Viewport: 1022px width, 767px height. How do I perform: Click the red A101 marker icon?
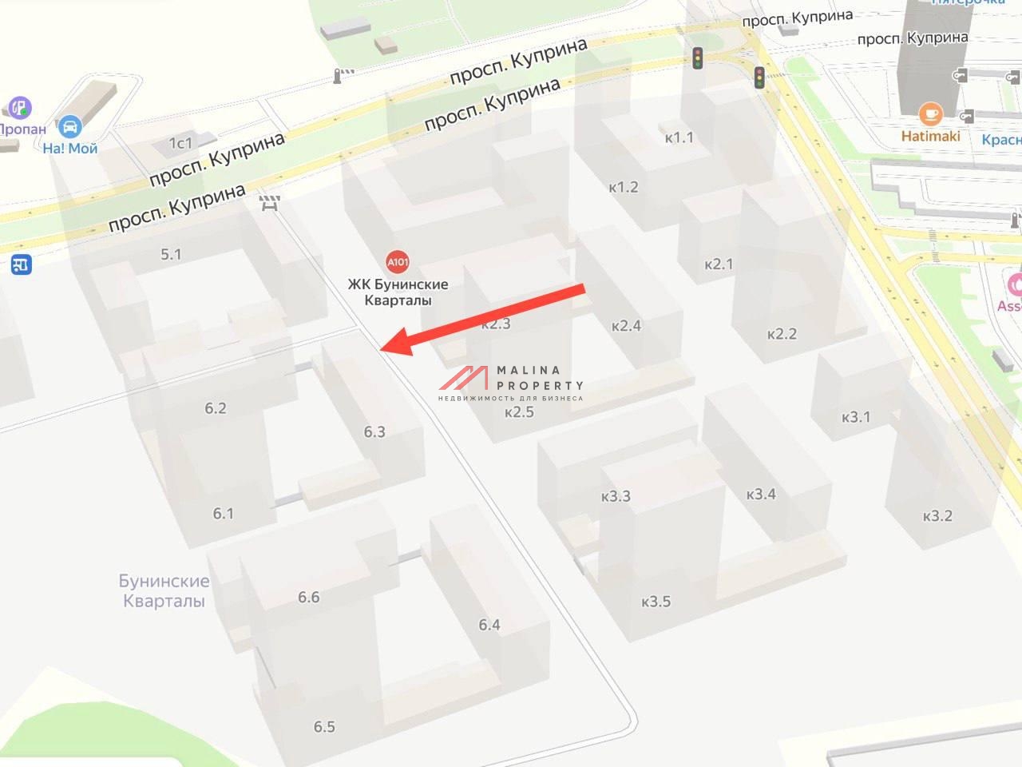[x=398, y=261]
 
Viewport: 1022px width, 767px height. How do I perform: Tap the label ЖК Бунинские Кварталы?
[x=398, y=292]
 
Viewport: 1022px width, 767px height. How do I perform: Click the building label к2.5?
[x=519, y=412]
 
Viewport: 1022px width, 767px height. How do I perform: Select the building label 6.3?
[x=374, y=432]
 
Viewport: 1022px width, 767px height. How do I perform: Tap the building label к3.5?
[x=656, y=602]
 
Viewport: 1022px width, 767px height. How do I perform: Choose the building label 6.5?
[x=324, y=727]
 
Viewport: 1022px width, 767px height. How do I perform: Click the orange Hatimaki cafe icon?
[x=930, y=114]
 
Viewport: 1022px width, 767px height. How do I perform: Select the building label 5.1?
[x=171, y=255]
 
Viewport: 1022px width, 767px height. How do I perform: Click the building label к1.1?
[x=679, y=137]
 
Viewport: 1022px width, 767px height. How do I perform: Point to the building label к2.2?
[x=782, y=334]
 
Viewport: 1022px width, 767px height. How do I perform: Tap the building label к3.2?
[x=937, y=516]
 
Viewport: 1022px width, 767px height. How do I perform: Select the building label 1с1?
[x=180, y=143]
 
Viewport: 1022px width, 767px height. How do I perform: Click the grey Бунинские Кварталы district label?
[x=164, y=591]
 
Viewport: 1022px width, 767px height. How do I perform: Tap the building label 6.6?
[x=308, y=598]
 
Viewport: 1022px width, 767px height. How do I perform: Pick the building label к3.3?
[x=616, y=496]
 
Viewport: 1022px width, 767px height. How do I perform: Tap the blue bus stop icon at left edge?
[x=22, y=264]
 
